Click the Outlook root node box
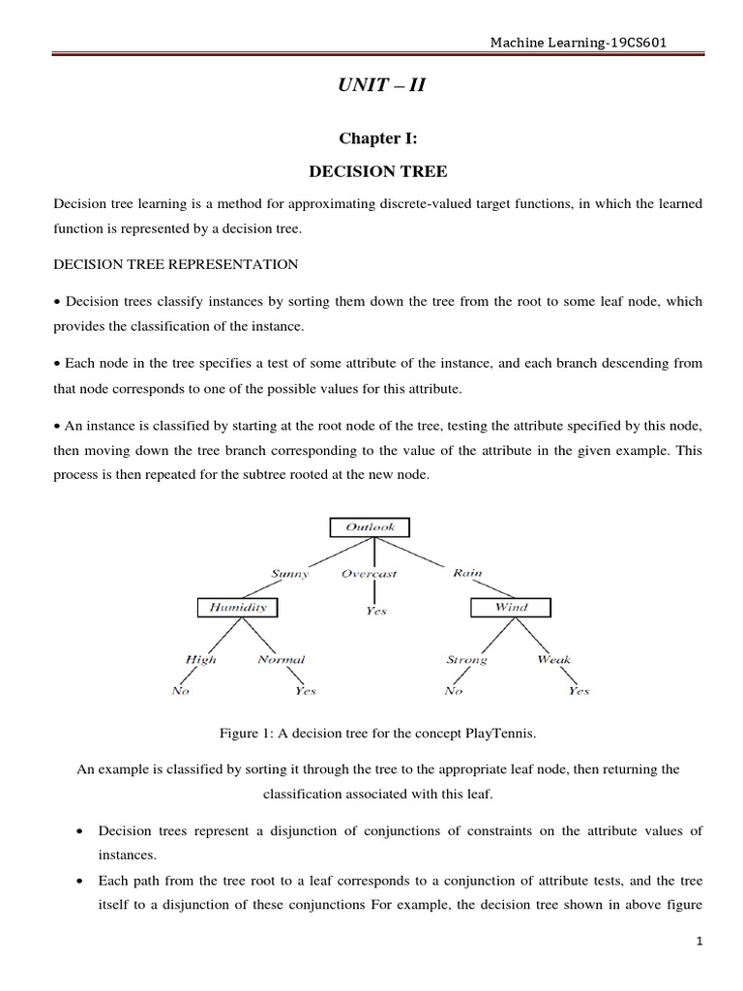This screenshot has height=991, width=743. tap(370, 527)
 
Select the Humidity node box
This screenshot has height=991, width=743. tap(237, 608)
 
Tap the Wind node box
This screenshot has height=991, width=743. tap(512, 608)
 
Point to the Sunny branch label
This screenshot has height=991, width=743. tap(290, 573)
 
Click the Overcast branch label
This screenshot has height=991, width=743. tap(370, 573)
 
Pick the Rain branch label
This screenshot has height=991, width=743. tap(467, 572)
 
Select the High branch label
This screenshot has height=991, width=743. tap(200, 660)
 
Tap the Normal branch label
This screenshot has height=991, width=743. tap(282, 660)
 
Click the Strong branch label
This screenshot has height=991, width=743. tap(466, 660)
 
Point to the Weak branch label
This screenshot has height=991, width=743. tap(553, 660)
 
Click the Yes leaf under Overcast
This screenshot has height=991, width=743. tap(376, 612)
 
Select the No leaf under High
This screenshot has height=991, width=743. tap(180, 691)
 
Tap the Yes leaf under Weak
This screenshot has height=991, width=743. tap(579, 691)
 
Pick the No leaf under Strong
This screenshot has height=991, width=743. tap(453, 691)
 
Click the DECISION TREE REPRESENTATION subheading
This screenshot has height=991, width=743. tap(176, 263)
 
